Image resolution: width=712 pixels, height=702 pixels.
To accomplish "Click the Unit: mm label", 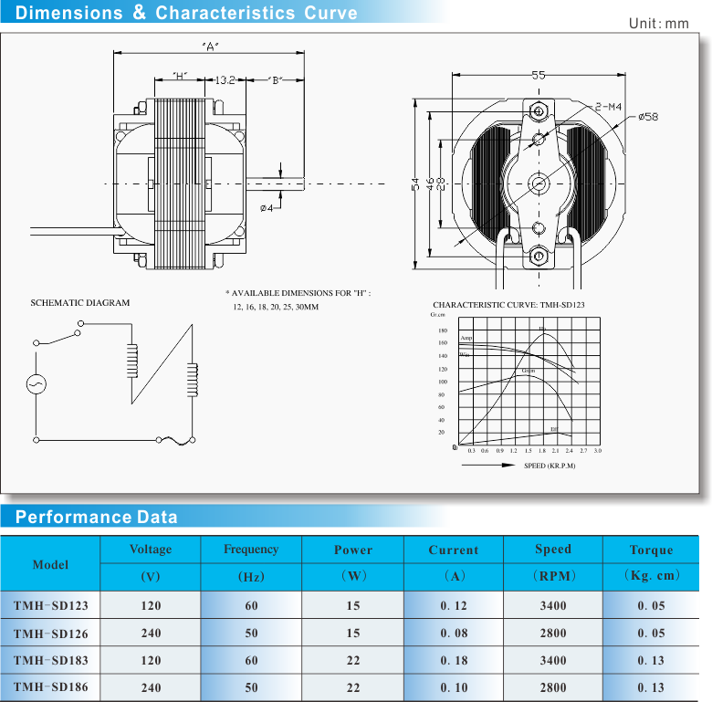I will click(658, 23).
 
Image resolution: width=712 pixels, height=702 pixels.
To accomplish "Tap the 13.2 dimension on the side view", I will click(225, 80).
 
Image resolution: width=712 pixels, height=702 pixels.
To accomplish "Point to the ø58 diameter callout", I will click(647, 117).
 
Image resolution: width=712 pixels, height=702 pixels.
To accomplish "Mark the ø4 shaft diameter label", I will click(267, 208).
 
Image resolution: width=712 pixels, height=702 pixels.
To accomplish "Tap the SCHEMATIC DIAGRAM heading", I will click(80, 303).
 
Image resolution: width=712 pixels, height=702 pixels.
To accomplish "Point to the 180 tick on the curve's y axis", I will click(443, 330).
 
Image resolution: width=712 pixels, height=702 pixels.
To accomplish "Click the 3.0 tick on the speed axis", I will click(597, 451).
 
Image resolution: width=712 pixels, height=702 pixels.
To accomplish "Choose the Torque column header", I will click(651, 550).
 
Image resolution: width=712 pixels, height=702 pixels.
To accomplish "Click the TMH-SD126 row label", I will click(50, 633).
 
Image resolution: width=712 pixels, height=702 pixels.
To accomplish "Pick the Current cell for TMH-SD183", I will click(453, 660).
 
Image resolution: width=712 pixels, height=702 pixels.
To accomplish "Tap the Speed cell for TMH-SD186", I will click(552, 687).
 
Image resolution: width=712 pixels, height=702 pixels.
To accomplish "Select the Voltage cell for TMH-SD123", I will click(151, 605).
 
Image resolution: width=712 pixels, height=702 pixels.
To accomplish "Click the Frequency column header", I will click(251, 550).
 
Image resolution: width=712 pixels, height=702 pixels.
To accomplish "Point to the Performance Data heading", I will click(97, 518).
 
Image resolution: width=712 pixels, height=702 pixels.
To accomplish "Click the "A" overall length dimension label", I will click(209, 47).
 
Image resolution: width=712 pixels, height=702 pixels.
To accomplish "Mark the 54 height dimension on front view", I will click(416, 183).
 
